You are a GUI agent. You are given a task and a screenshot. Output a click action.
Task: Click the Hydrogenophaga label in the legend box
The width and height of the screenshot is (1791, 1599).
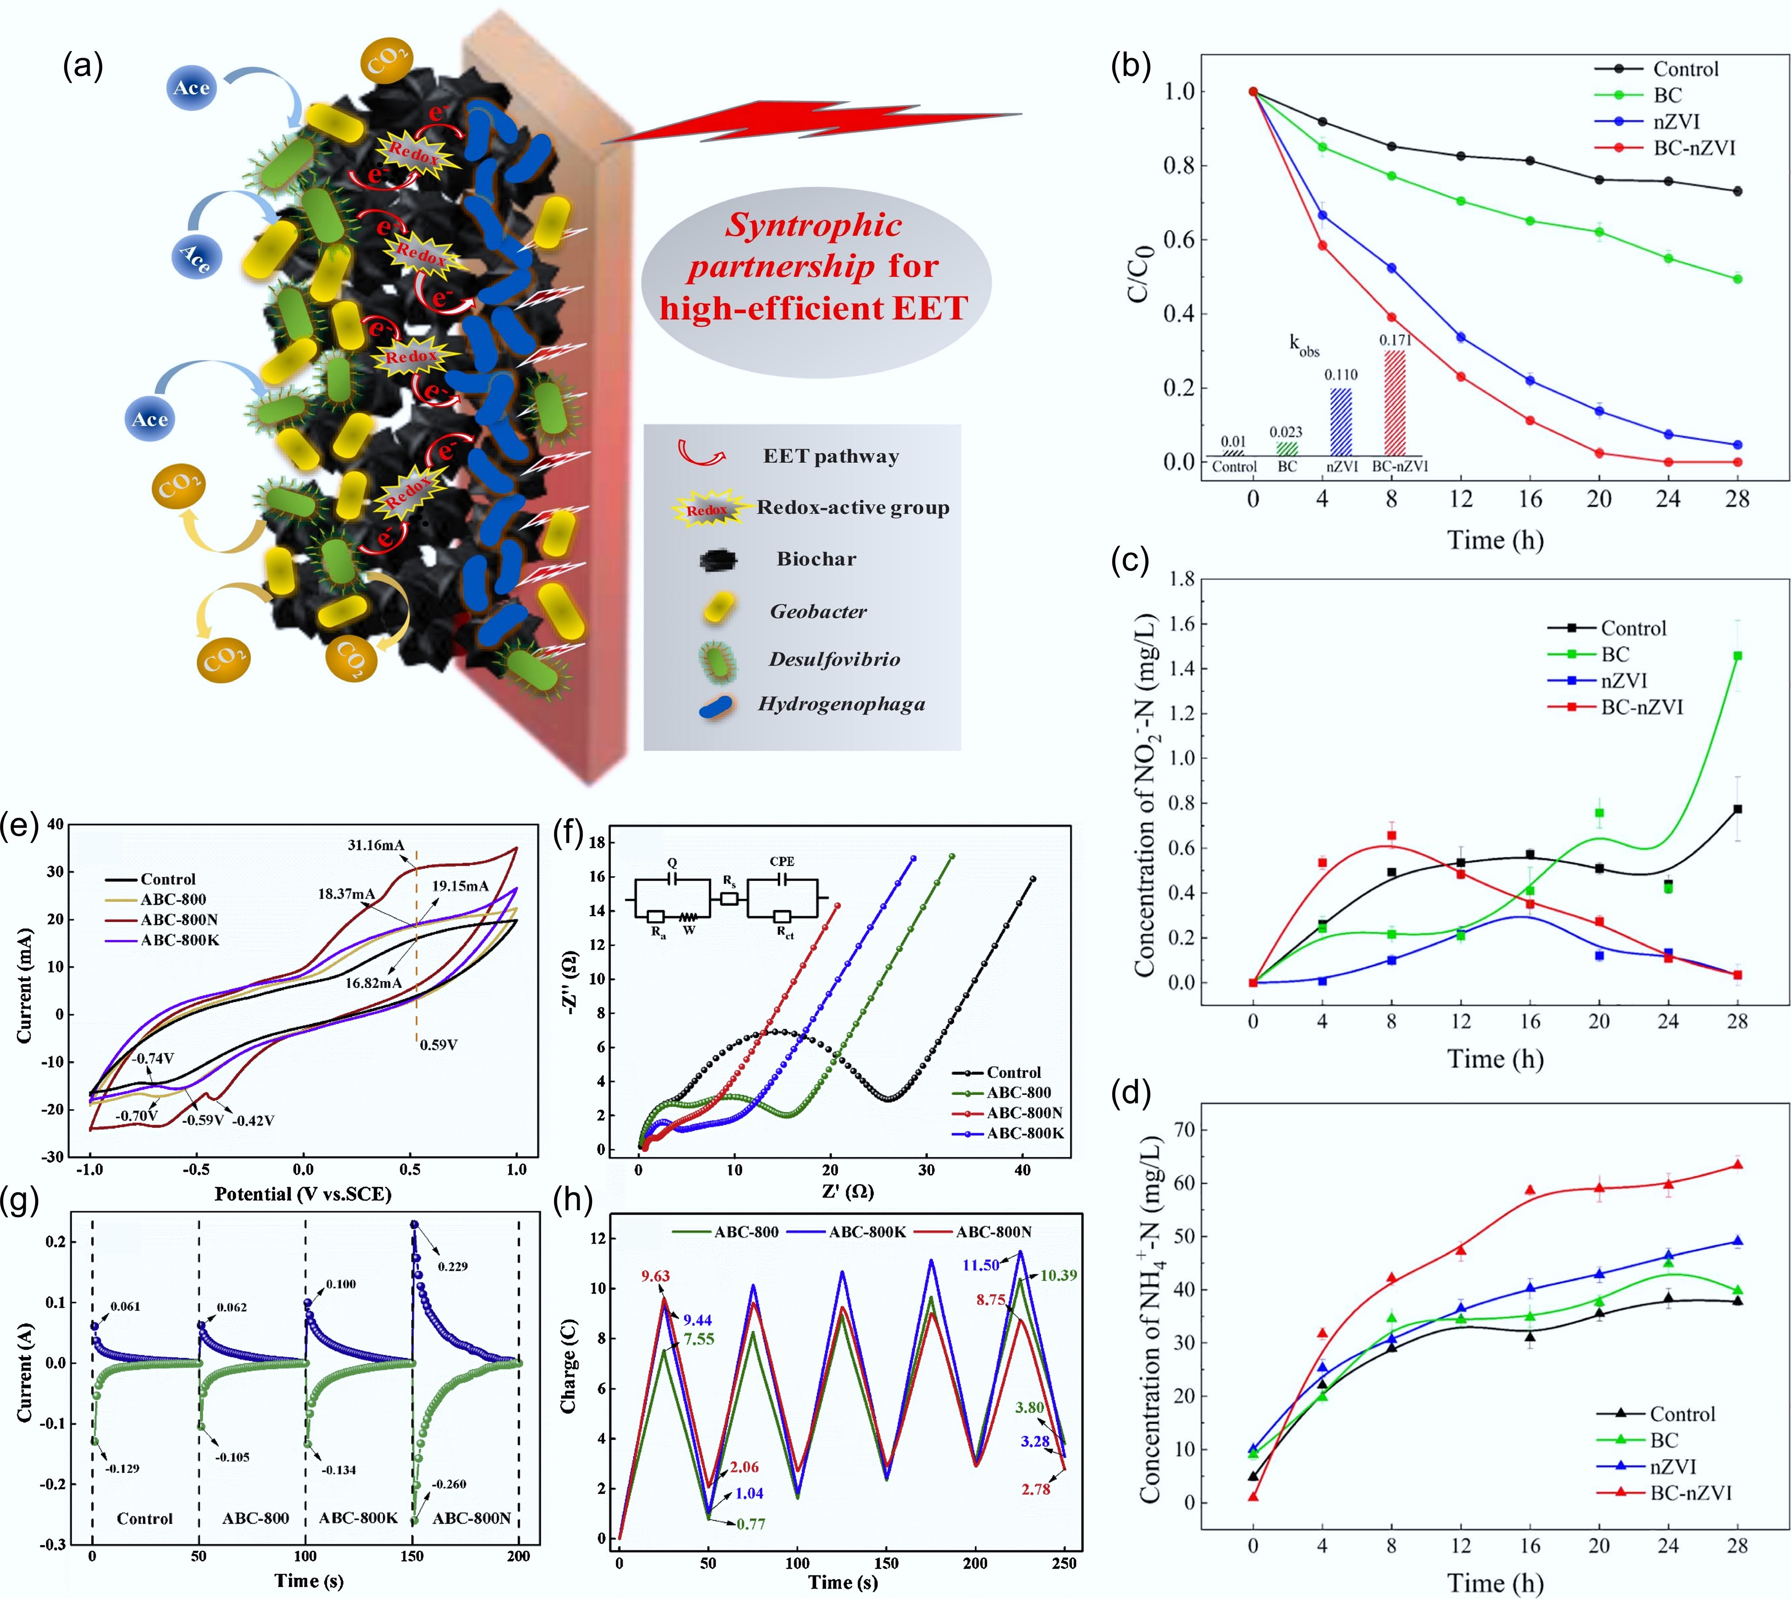[841, 704]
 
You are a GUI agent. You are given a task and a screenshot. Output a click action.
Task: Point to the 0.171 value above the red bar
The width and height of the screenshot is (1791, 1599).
[1395, 340]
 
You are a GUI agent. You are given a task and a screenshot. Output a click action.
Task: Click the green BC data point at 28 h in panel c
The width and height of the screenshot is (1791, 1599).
[1737, 655]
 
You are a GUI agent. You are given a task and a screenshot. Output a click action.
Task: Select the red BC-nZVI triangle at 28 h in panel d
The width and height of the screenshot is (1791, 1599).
[1737, 1165]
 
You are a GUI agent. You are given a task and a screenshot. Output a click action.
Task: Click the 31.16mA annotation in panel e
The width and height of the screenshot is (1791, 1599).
[376, 845]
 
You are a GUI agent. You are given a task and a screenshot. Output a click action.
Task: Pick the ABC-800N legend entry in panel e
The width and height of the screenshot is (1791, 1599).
[179, 920]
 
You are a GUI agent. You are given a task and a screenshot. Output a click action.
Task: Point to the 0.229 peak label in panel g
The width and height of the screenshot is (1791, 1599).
[452, 1266]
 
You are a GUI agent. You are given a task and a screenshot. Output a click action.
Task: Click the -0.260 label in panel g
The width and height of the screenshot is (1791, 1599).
[449, 1484]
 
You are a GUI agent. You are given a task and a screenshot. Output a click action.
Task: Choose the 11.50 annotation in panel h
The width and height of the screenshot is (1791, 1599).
[981, 1265]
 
